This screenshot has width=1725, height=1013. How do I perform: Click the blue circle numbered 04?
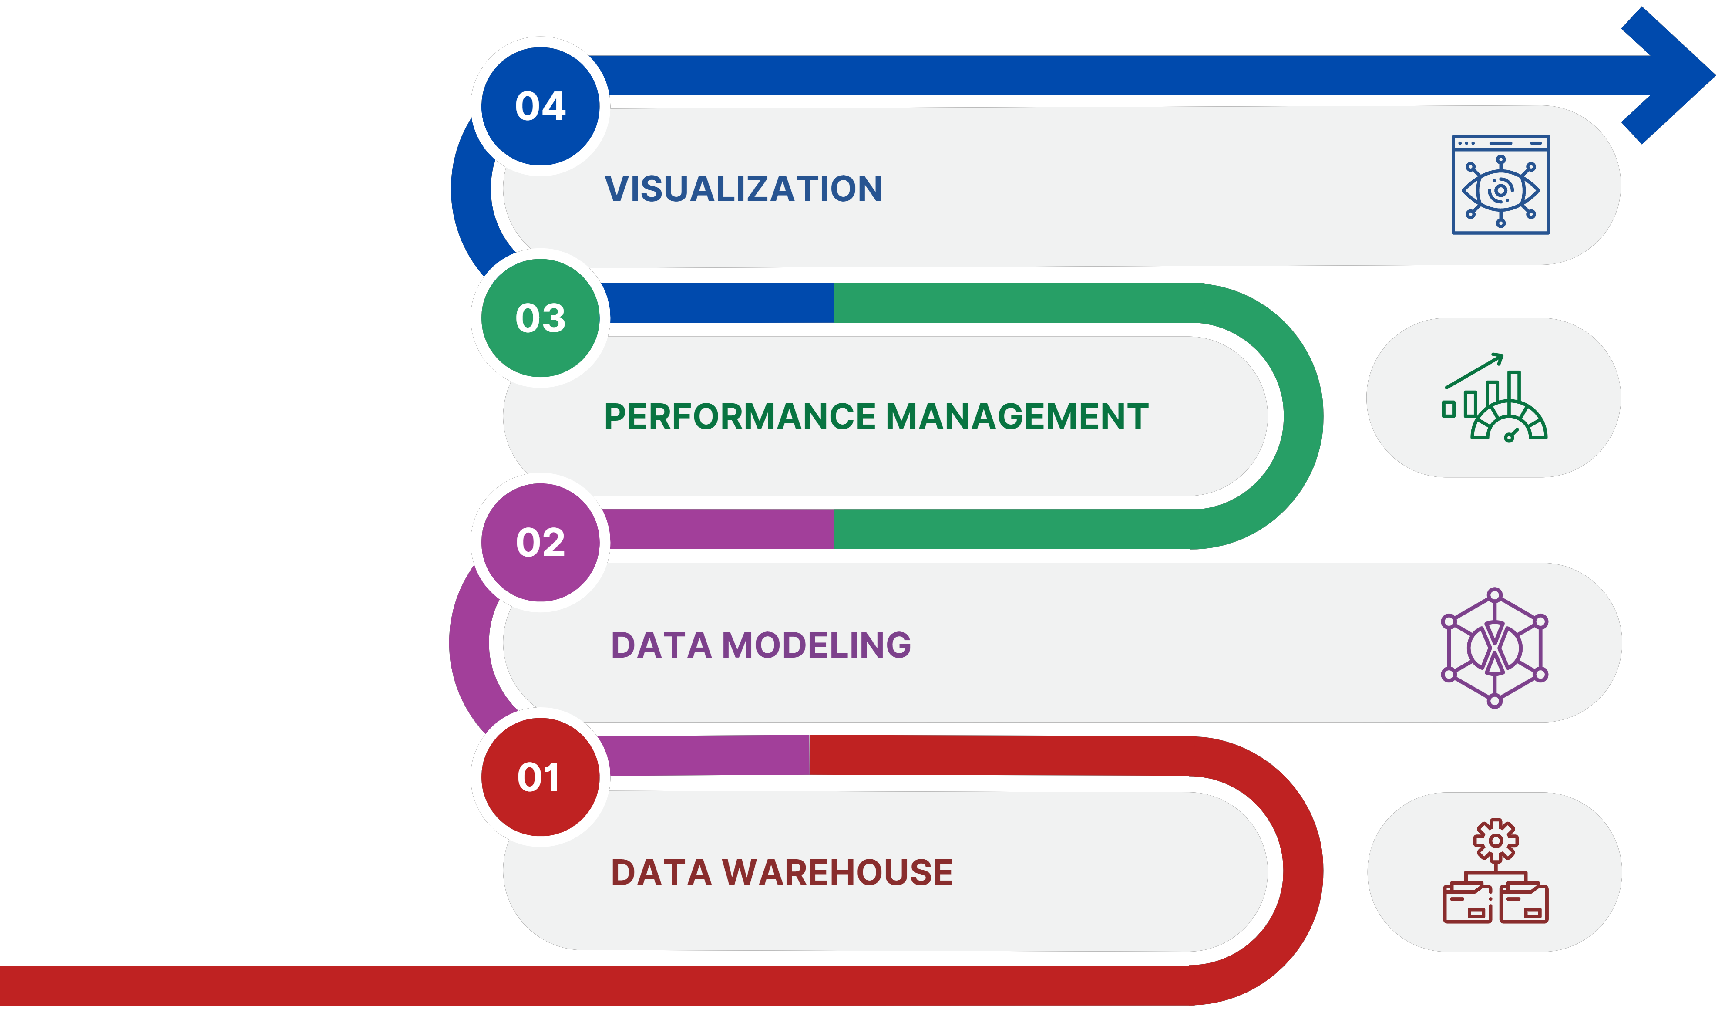540,106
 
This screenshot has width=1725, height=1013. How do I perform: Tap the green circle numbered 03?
540,318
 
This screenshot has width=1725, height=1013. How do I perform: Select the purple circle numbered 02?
540,543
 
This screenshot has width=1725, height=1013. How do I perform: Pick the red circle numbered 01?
540,777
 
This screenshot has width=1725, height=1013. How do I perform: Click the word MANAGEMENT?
1017,416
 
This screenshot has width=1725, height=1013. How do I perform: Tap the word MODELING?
816,645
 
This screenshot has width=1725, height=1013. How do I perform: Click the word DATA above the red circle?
661,645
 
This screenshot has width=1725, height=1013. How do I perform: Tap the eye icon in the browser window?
1500,190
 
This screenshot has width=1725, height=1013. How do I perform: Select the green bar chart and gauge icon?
1494,397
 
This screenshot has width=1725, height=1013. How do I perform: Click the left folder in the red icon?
1468,903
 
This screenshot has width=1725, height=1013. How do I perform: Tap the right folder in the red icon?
1524,903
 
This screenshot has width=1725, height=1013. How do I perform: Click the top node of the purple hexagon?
1495,594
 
